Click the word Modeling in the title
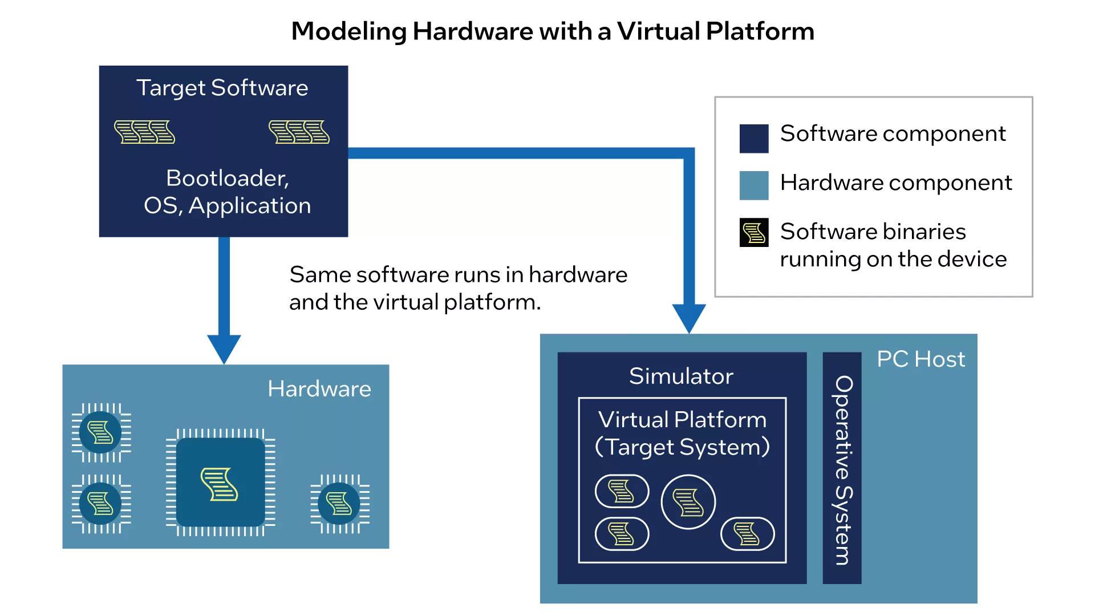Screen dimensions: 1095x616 coord(348,32)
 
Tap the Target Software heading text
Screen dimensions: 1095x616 coord(222,88)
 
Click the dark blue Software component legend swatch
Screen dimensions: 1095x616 coord(754,139)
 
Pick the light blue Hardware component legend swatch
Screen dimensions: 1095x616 coord(754,185)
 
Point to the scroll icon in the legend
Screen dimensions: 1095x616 coord(754,233)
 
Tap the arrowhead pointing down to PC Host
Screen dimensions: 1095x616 coord(689,319)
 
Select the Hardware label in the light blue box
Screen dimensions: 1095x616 coord(319,389)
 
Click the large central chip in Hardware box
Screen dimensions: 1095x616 coord(221,483)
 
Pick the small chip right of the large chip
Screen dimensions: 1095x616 coord(340,504)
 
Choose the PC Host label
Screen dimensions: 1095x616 coord(921,359)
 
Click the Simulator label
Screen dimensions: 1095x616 coord(682,376)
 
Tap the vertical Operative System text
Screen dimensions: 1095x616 coord(843,470)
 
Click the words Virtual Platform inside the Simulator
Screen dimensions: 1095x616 coord(683,420)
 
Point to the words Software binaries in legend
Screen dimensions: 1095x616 coord(873,232)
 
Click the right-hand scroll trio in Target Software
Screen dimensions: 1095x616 coord(299,132)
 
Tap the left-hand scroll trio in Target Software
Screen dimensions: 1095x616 coord(145,132)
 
